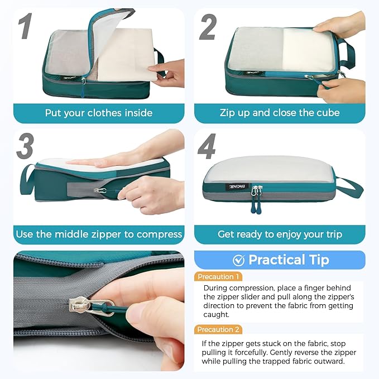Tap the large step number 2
[208, 27]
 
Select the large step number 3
[25, 147]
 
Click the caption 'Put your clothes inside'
[99, 113]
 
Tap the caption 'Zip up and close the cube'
[280, 113]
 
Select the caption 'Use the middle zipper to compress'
[99, 234]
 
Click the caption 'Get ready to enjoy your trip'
[280, 234]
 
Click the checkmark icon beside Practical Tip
[238, 260]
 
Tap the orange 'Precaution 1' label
[218, 277]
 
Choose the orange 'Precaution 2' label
[219, 329]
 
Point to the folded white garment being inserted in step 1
[126, 56]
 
